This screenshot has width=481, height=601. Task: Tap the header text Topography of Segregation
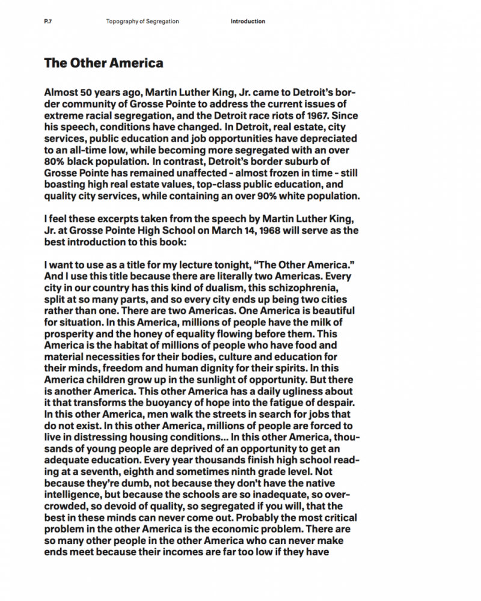(x=142, y=22)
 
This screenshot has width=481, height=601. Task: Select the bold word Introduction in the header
(x=248, y=22)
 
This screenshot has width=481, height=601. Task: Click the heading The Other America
(x=103, y=63)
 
